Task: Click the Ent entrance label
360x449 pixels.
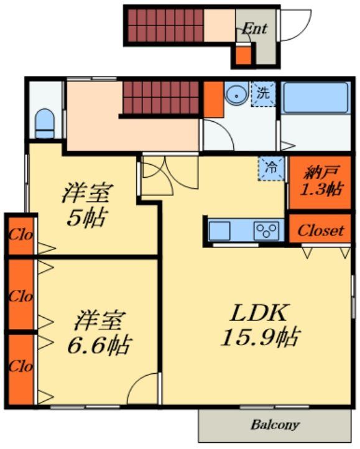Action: (254, 29)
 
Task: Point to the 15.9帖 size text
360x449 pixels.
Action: (259, 337)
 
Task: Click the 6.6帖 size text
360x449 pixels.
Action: (99, 344)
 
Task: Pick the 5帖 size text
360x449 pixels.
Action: (86, 217)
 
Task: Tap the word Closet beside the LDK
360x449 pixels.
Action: (320, 230)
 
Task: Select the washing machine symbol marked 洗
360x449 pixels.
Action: (264, 95)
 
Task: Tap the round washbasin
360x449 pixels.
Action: (236, 96)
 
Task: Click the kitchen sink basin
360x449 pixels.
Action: (219, 231)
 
